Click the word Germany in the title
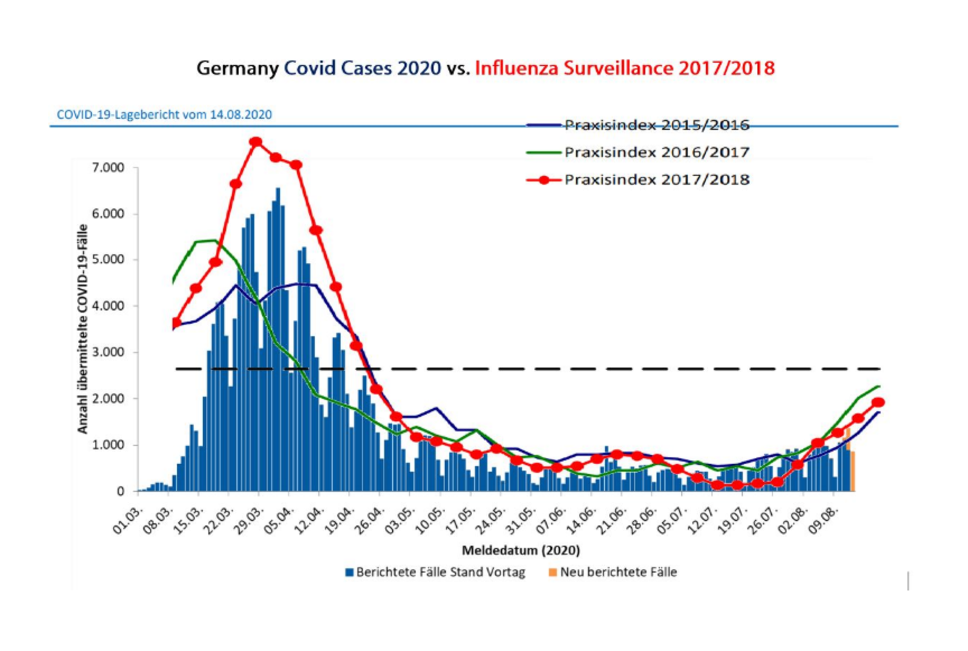coord(237,68)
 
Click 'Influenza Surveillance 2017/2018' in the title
coord(624,68)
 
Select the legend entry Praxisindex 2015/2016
coord(657,125)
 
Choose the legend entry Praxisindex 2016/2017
coord(657,152)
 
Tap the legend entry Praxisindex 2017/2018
coord(657,180)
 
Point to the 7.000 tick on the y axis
coord(108,168)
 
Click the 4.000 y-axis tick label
coord(108,306)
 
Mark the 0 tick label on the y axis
coord(120,491)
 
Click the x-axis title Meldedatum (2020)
coord(520,550)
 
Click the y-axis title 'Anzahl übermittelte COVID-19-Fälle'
coord(83,329)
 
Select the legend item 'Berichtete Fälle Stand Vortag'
coord(440,573)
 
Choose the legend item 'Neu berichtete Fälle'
coord(618,573)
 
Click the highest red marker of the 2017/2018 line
coord(256,142)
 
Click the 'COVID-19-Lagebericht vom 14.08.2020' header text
coord(164,115)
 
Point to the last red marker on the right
coord(878,402)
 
